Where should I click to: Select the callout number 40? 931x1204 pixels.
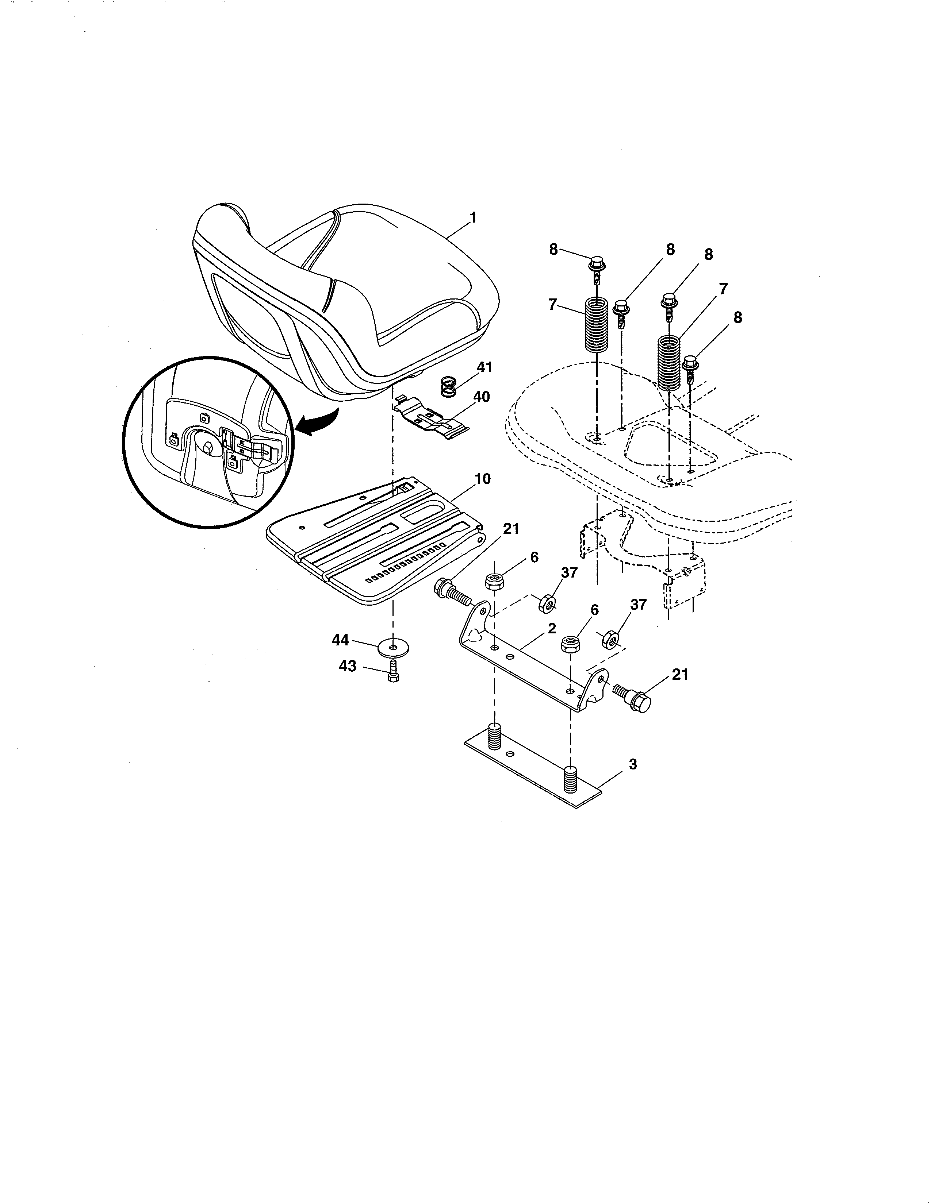pyautogui.click(x=481, y=397)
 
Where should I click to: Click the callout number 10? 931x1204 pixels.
pyautogui.click(x=482, y=479)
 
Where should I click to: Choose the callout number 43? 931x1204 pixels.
pyautogui.click(x=348, y=667)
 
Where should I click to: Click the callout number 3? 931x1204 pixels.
pyautogui.click(x=633, y=765)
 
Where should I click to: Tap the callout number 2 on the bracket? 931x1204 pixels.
pyautogui.click(x=552, y=629)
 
